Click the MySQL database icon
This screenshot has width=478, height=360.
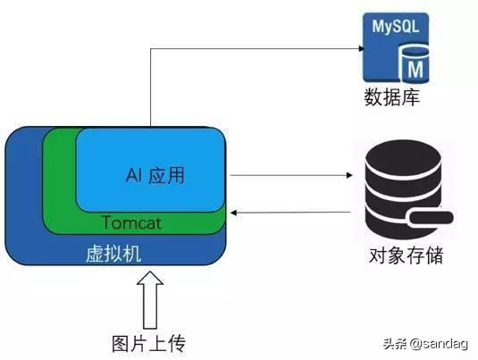click(392, 45)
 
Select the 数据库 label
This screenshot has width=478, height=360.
click(392, 96)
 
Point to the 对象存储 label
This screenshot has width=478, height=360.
click(406, 255)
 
